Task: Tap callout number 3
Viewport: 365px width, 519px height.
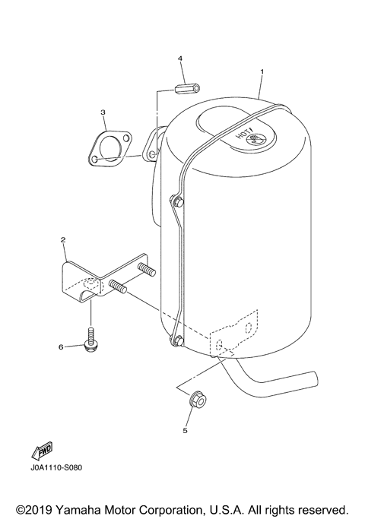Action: (103, 112)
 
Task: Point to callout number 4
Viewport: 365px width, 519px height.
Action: (180, 58)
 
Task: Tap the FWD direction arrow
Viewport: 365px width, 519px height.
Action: (40, 453)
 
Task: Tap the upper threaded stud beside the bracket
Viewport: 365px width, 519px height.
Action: (146, 270)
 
